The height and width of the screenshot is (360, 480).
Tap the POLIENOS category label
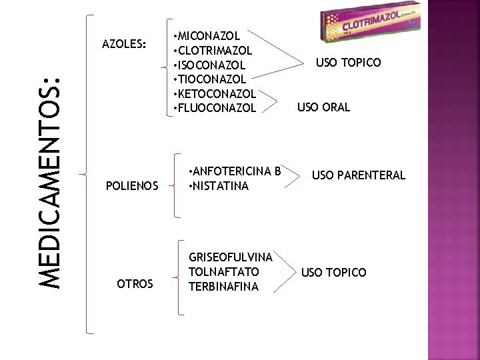click(x=132, y=185)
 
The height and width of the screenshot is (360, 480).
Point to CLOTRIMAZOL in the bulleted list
click(x=212, y=50)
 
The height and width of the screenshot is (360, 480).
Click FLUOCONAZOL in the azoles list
click(x=213, y=107)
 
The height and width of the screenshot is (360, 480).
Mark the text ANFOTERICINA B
click(x=235, y=171)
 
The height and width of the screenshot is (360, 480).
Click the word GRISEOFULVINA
click(x=231, y=257)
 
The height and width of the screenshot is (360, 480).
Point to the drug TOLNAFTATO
click(x=224, y=272)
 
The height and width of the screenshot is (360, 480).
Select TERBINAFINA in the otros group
click(x=223, y=287)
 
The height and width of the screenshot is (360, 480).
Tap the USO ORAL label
click(x=323, y=107)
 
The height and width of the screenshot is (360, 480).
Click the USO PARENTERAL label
click(x=358, y=175)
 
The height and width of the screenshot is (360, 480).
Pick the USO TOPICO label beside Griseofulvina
click(x=333, y=273)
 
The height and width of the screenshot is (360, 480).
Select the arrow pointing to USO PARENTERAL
click(x=293, y=175)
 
